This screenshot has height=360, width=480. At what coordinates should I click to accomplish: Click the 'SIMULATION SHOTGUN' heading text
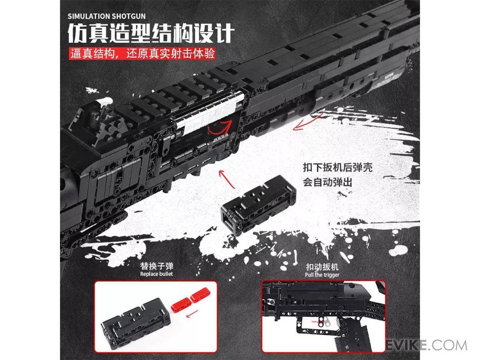106,16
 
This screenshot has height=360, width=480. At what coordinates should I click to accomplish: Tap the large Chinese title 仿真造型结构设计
151,33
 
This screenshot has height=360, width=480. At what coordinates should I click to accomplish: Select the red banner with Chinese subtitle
142,53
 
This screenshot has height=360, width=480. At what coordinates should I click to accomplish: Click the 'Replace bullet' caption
156,274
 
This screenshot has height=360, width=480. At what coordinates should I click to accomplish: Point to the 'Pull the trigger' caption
322,275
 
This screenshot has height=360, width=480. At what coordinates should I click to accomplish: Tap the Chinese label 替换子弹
156,266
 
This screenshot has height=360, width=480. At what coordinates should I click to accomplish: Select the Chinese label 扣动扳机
322,267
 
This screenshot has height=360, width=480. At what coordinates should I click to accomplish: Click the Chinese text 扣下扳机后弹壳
338,168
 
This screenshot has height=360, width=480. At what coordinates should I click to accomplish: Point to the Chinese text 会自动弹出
327,182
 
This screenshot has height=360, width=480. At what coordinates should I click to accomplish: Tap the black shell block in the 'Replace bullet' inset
136,324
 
